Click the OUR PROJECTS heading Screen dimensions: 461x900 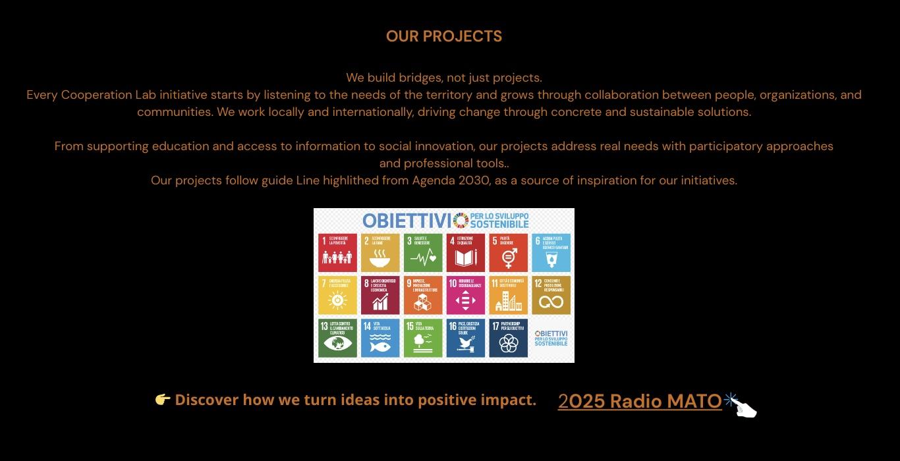pos(443,37)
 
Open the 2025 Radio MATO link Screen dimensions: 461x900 pos(640,401)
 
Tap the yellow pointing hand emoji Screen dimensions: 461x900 pos(163,400)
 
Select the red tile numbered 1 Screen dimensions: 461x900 pos(337,252)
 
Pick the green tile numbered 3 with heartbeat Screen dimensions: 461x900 pos(423,252)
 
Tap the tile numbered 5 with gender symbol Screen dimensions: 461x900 pos(508,252)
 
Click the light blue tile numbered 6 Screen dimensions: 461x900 pos(551,252)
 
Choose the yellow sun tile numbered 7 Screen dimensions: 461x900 pos(337,295)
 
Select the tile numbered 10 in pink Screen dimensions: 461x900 pos(465,295)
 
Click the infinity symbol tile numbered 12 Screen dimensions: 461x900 pos(551,295)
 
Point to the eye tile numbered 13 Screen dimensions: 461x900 pos(337,338)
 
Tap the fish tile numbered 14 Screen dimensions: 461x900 pos(380,338)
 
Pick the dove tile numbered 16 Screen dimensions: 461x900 pos(465,338)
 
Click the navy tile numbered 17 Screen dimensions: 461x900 pos(508,338)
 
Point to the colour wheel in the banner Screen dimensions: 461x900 pos(461,221)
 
